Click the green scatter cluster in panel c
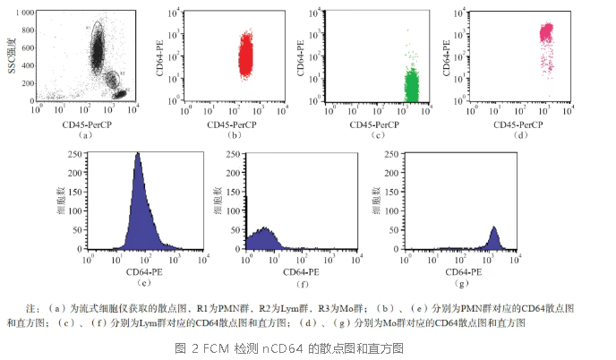tap(412, 86)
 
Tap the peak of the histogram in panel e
tap(138, 154)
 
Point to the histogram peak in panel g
tap(494, 228)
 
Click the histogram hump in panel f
tap(263, 231)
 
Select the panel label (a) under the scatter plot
tap(86, 135)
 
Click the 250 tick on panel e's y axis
tap(74, 153)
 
